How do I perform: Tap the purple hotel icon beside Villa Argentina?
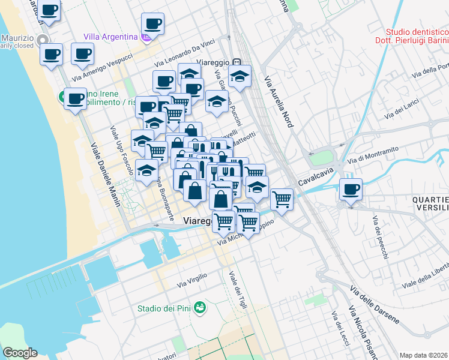146,37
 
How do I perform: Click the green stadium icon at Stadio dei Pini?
200,308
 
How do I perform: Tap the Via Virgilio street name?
192,280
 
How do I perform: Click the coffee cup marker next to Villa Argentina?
152,24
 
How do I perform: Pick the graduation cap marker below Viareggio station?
240,76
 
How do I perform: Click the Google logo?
20,353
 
